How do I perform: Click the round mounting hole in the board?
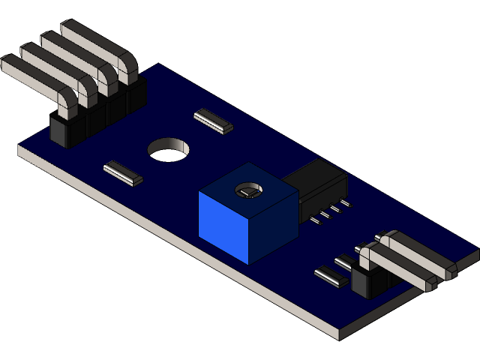[169, 149]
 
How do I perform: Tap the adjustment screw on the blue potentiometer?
[247, 191]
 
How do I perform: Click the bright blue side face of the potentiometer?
[223, 223]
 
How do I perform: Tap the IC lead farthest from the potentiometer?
[343, 203]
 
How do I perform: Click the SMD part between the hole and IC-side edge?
[213, 120]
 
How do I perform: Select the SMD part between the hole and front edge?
[123, 172]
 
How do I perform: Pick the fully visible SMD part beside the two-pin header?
[329, 277]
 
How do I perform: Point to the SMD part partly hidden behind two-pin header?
[345, 262]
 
